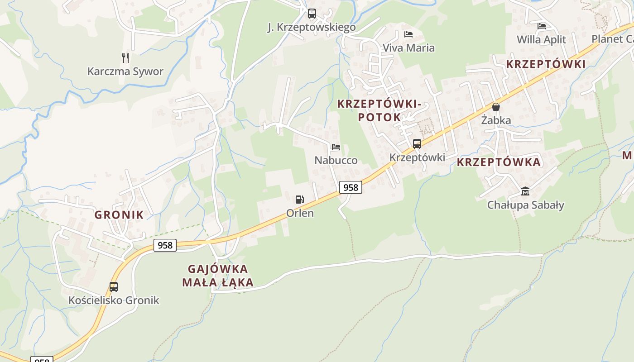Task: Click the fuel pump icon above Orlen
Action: (299, 199)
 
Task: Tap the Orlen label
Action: (300, 213)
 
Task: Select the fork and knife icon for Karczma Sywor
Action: (125, 57)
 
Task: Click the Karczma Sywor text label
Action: (125, 71)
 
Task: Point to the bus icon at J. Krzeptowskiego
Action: (312, 14)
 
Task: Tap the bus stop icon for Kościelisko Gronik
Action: (113, 286)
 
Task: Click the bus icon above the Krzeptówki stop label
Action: (417, 144)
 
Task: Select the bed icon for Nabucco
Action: (336, 147)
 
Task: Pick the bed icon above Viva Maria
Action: (408, 34)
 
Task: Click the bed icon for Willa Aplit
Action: (541, 26)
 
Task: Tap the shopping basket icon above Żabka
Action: (496, 107)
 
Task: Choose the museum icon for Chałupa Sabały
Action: (525, 191)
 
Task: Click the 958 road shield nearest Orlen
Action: (351, 187)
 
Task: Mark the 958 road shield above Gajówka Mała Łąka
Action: (165, 245)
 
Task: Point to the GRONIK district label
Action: (119, 215)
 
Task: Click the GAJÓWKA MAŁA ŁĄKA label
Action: (218, 276)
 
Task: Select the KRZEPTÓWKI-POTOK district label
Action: (379, 110)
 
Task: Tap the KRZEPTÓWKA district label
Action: (499, 162)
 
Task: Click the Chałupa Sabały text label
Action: (525, 205)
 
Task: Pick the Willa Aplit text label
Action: (541, 40)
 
